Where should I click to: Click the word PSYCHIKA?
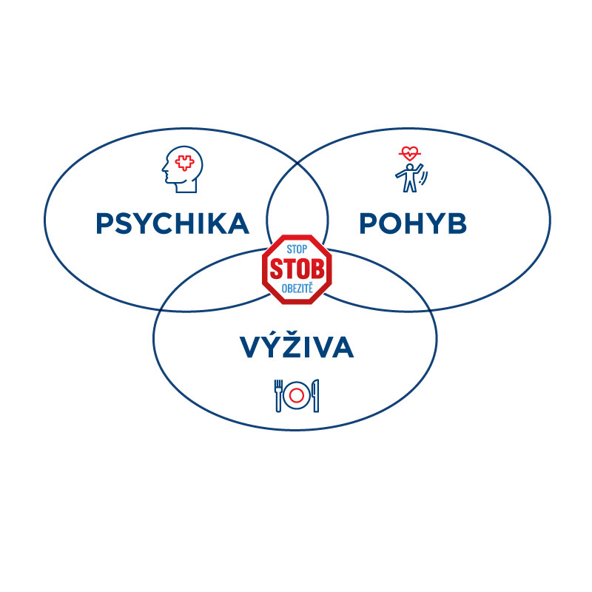click(172, 223)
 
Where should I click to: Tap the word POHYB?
click(413, 223)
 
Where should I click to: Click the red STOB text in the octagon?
click(297, 269)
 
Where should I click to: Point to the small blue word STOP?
click(297, 249)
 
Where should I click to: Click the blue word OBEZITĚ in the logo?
click(297, 288)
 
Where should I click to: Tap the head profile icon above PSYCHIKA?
click(182, 169)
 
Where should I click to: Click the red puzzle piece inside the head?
click(184, 163)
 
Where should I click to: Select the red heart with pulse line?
click(410, 153)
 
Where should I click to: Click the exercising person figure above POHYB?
click(410, 178)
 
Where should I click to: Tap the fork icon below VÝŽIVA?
click(278, 396)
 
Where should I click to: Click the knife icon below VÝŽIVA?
click(316, 396)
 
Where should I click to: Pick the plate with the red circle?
click(297, 396)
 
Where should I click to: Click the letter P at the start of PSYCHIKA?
click(104, 223)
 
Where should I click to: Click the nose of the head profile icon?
click(164, 169)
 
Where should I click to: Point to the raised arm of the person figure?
click(418, 169)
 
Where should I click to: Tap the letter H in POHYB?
click(414, 223)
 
